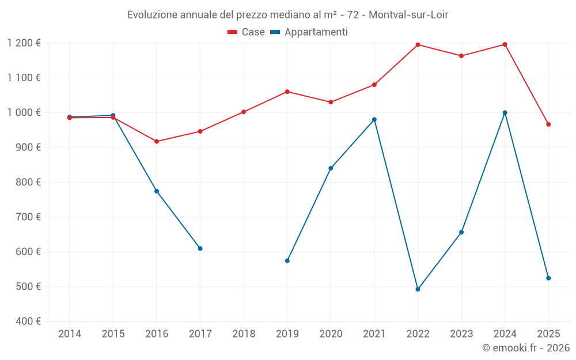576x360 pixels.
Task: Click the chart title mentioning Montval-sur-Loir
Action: pos(287,14)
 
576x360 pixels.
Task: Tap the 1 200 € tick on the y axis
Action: pos(24,43)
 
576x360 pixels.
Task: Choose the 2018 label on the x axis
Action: pos(244,334)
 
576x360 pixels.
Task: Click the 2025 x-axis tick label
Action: pos(548,334)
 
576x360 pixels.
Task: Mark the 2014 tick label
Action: pos(70,334)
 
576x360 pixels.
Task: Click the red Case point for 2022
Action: pos(418,45)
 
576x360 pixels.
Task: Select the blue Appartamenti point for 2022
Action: pos(418,289)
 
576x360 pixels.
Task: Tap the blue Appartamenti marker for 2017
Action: pos(200,248)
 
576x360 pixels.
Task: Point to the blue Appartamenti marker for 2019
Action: pos(287,261)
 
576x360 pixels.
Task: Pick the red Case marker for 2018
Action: pos(244,112)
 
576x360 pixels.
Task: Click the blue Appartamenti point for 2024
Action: pos(505,112)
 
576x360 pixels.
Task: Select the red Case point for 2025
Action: pos(548,124)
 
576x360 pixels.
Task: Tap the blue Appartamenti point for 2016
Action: pos(157,191)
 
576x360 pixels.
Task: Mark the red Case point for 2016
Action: pos(157,141)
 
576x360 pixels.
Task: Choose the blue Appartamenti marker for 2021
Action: pos(374,120)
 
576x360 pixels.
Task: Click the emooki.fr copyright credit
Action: pos(525,348)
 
